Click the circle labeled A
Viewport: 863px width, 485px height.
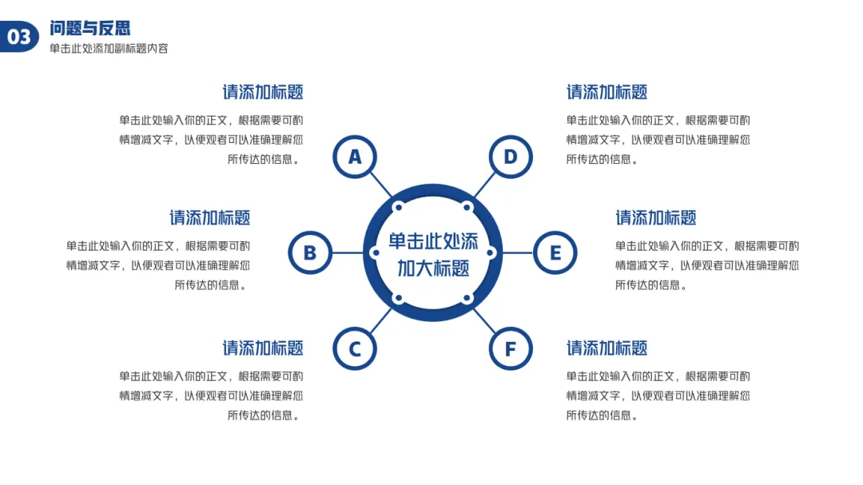tap(355, 157)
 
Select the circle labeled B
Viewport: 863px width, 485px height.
tap(310, 253)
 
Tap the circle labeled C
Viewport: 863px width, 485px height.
tap(355, 348)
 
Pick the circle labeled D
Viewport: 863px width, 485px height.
tap(511, 157)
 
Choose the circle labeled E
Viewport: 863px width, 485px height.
tap(555, 253)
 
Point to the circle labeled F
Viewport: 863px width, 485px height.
tap(511, 348)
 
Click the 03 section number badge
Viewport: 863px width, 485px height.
tap(19, 37)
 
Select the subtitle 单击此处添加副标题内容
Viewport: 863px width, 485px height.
tap(109, 49)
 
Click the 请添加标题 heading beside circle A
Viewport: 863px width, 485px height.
tap(263, 92)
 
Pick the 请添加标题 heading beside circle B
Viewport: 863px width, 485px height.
tap(210, 217)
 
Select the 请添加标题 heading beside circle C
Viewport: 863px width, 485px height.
tap(263, 348)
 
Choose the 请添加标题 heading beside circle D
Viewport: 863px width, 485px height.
tap(607, 92)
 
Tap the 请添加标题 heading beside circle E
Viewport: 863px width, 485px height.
tap(656, 217)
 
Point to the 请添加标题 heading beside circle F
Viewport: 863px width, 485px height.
tap(607, 348)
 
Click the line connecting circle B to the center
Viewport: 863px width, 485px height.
tap(348, 253)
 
